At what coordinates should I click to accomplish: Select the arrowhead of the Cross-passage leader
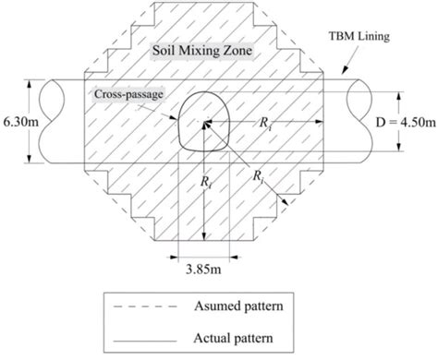(182, 120)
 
